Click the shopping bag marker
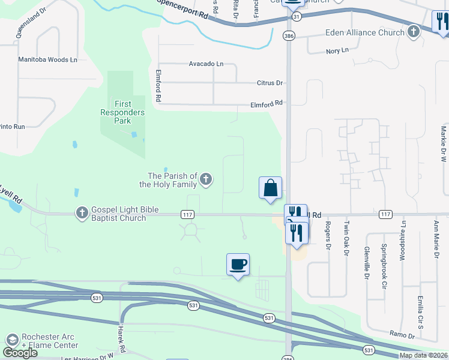(x=270, y=187)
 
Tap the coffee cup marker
(x=238, y=264)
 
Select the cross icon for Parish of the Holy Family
(x=206, y=179)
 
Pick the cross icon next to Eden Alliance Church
(x=413, y=32)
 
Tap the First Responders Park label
(x=122, y=112)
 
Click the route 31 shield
(x=289, y=17)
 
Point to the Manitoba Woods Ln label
(x=48, y=60)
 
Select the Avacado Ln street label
(x=206, y=64)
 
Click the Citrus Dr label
(x=270, y=83)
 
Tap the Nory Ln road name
(x=337, y=51)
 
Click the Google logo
(x=20, y=353)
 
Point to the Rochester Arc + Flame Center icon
(x=11, y=340)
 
